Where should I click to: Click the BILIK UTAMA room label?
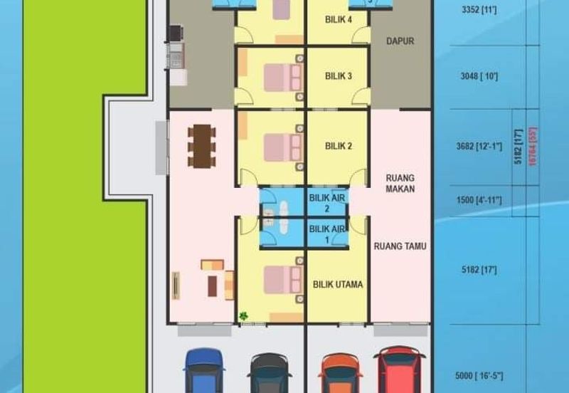coord(338,284)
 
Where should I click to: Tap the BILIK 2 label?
coord(339,146)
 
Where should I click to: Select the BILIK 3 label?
coord(339,76)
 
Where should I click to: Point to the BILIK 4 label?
coord(339,19)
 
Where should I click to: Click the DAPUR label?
coord(400,41)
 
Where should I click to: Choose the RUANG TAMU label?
coord(400,246)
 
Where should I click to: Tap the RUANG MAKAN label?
coord(400,184)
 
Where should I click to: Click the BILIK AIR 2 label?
coord(327,203)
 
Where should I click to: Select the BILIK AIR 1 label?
coord(327,234)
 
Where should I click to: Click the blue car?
coord(204,370)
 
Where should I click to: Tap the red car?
coord(399,369)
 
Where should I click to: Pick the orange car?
coord(340,373)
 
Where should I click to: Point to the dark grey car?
coord(270,373)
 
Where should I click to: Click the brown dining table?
coord(202,146)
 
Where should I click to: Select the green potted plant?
coord(243,316)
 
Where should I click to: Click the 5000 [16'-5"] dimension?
coord(479,376)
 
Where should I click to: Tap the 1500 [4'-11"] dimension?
coord(479,200)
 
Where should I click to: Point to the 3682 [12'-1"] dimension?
coord(479,147)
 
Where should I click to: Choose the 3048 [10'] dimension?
coord(479,76)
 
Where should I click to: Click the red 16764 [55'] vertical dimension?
coord(532,147)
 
